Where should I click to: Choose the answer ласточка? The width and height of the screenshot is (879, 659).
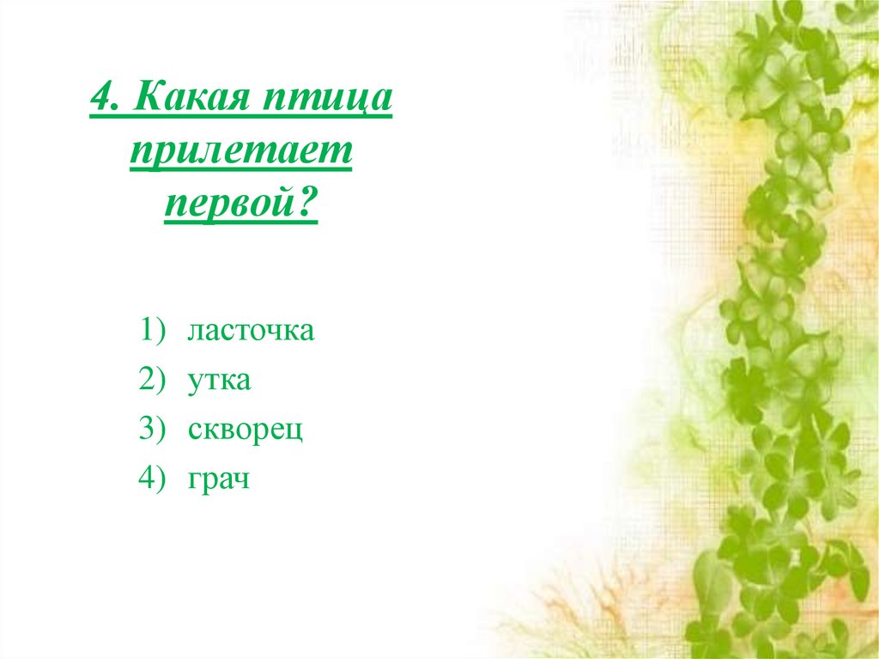pos(251,331)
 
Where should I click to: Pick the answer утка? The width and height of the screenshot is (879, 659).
pos(219,380)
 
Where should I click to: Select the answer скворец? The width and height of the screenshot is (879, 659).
pos(246,430)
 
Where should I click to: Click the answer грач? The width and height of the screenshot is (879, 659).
pos(218,479)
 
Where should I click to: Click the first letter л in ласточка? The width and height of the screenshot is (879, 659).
pos(195,332)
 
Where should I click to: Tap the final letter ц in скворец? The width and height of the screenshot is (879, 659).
pos(296,431)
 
